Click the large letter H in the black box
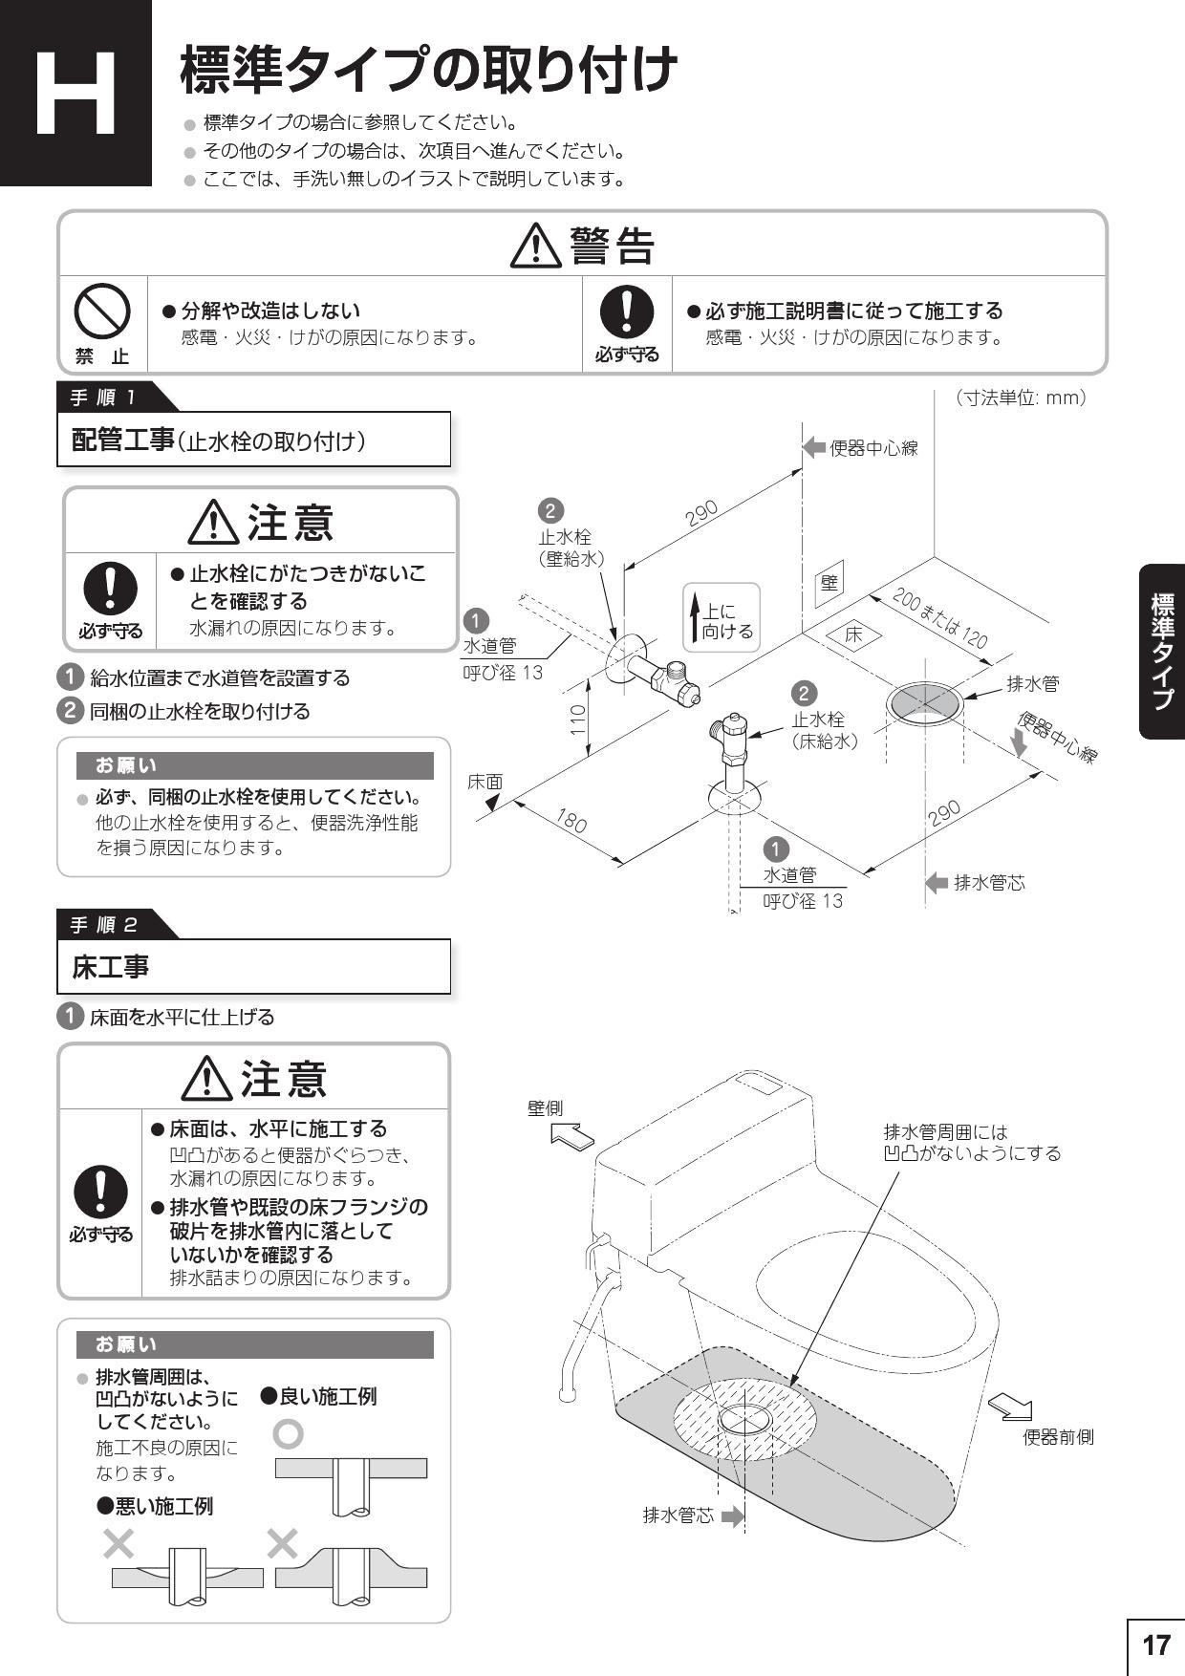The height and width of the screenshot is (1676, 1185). [76, 94]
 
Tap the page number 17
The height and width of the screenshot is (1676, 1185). [1155, 1644]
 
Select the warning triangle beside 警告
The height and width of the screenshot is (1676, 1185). [536, 247]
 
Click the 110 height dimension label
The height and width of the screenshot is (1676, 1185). [577, 719]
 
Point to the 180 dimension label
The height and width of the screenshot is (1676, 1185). [571, 820]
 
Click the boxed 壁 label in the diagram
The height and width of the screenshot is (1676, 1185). [829, 583]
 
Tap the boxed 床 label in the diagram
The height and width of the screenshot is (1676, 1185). [852, 634]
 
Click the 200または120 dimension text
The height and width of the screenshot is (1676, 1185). [939, 618]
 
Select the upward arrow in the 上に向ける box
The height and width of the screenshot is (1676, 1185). [695, 617]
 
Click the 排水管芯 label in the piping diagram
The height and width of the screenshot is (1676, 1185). [989, 882]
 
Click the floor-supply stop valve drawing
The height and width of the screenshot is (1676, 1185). [732, 755]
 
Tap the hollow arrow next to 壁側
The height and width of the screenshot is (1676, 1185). [572, 1136]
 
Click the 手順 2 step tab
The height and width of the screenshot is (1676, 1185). [105, 924]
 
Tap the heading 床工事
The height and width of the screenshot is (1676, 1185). [111, 967]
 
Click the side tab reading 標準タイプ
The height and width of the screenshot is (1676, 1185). [1162, 653]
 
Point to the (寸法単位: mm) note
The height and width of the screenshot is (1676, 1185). [1020, 398]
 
